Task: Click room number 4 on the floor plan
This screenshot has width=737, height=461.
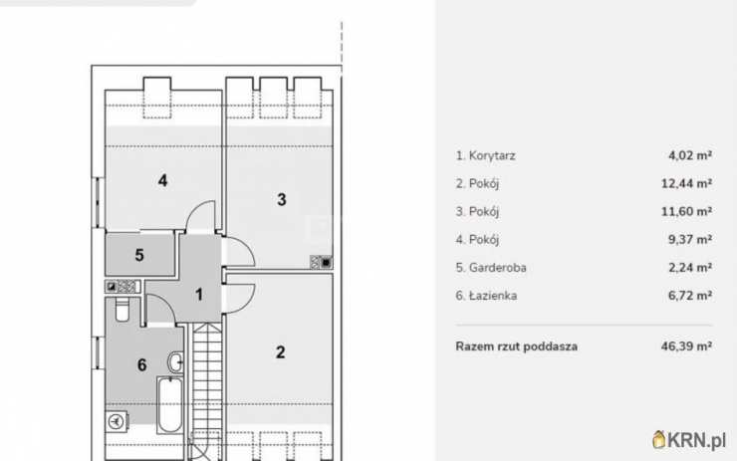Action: (x=161, y=180)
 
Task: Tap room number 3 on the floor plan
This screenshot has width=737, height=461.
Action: (x=282, y=199)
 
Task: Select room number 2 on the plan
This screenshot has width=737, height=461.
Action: (x=281, y=351)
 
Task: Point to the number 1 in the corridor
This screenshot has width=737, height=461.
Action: (x=199, y=295)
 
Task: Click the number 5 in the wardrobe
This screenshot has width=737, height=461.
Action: (x=139, y=255)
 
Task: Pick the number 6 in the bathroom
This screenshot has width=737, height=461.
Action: (x=141, y=365)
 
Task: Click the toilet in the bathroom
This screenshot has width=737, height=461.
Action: (x=122, y=312)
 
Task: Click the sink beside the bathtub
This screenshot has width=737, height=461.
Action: (x=175, y=361)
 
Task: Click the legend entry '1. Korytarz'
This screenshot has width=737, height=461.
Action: (x=485, y=155)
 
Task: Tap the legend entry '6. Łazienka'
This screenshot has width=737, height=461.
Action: (x=486, y=295)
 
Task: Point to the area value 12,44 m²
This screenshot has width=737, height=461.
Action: (x=690, y=183)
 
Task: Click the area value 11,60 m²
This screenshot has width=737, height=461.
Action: (x=690, y=211)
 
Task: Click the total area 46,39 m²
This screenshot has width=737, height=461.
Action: (x=690, y=346)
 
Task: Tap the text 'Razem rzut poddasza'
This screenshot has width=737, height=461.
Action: (x=516, y=346)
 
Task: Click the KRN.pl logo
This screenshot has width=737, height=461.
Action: (x=688, y=438)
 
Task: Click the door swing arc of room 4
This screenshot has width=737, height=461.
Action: (x=203, y=214)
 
